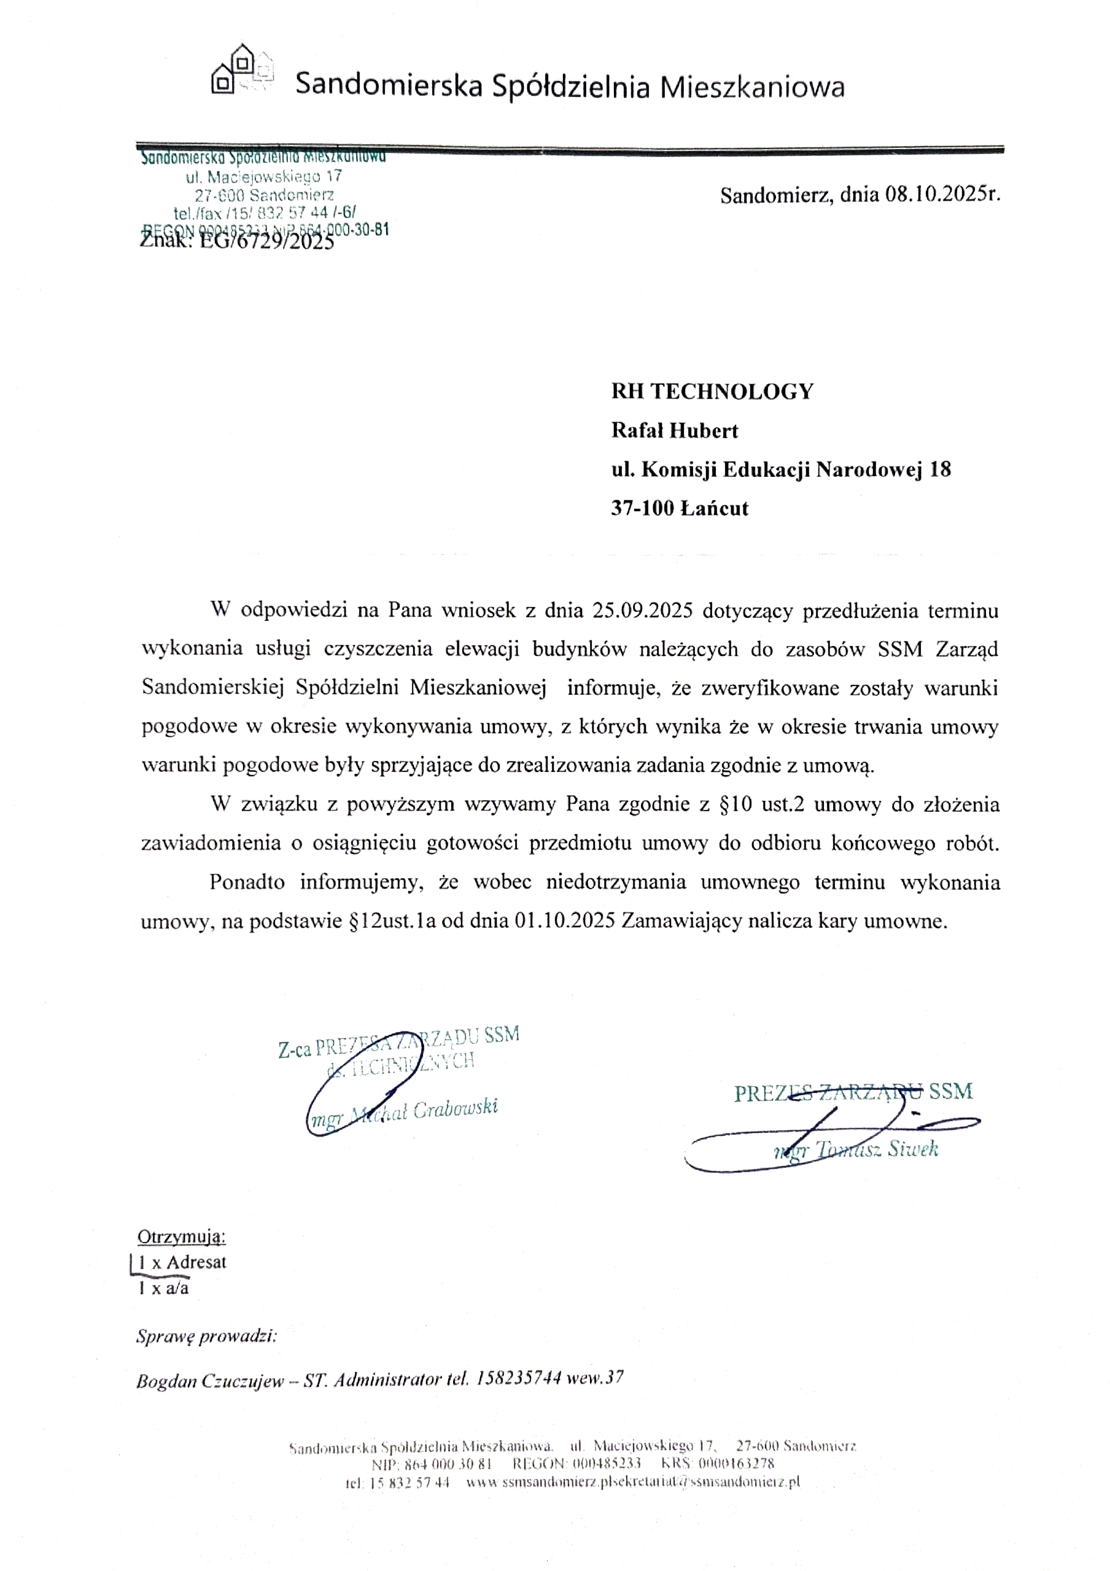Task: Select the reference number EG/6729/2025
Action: click(267, 241)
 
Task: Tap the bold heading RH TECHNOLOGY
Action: click(712, 392)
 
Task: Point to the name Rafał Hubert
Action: click(674, 430)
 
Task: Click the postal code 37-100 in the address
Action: click(643, 508)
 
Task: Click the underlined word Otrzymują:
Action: click(181, 1236)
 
